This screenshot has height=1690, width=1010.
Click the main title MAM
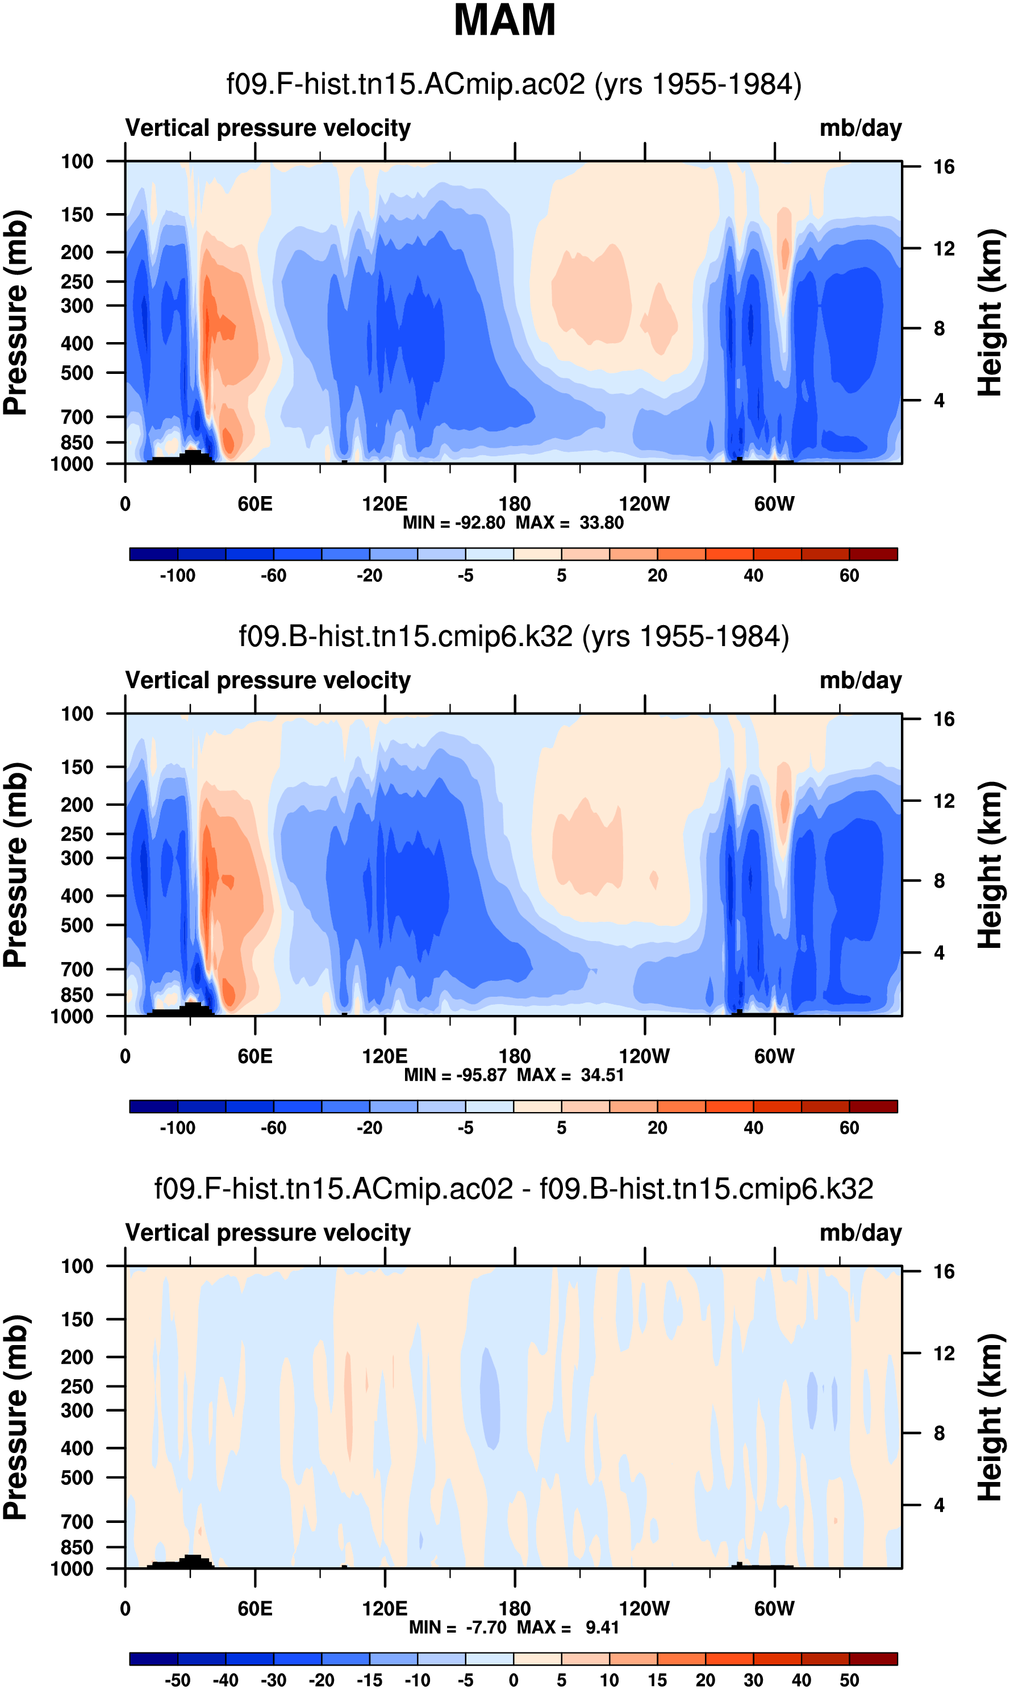(x=504, y=20)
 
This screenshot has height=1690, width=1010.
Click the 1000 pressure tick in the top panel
(x=72, y=464)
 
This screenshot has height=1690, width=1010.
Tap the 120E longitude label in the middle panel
(x=385, y=1056)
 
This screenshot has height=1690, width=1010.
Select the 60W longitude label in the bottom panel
(x=774, y=1608)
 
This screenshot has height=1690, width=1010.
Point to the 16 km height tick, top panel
(x=944, y=166)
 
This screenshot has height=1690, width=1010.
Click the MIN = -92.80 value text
(x=454, y=523)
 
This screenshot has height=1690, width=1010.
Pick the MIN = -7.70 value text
(x=457, y=1627)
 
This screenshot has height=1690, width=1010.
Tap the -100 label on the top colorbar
(x=177, y=576)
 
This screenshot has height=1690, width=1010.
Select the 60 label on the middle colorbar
(x=849, y=1128)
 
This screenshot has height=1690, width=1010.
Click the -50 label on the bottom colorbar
(x=177, y=1680)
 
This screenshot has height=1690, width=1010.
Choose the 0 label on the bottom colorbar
(x=514, y=1680)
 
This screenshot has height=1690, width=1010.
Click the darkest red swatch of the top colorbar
(x=873, y=554)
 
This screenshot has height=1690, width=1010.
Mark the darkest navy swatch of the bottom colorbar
(x=153, y=1659)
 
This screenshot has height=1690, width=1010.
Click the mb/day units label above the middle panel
(x=860, y=680)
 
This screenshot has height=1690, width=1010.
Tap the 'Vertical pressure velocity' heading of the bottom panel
(x=268, y=1233)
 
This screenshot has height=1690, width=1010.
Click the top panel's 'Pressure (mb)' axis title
(x=15, y=313)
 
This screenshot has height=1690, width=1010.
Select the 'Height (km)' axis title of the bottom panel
(x=990, y=1417)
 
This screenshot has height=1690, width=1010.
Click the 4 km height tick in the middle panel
(x=939, y=953)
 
